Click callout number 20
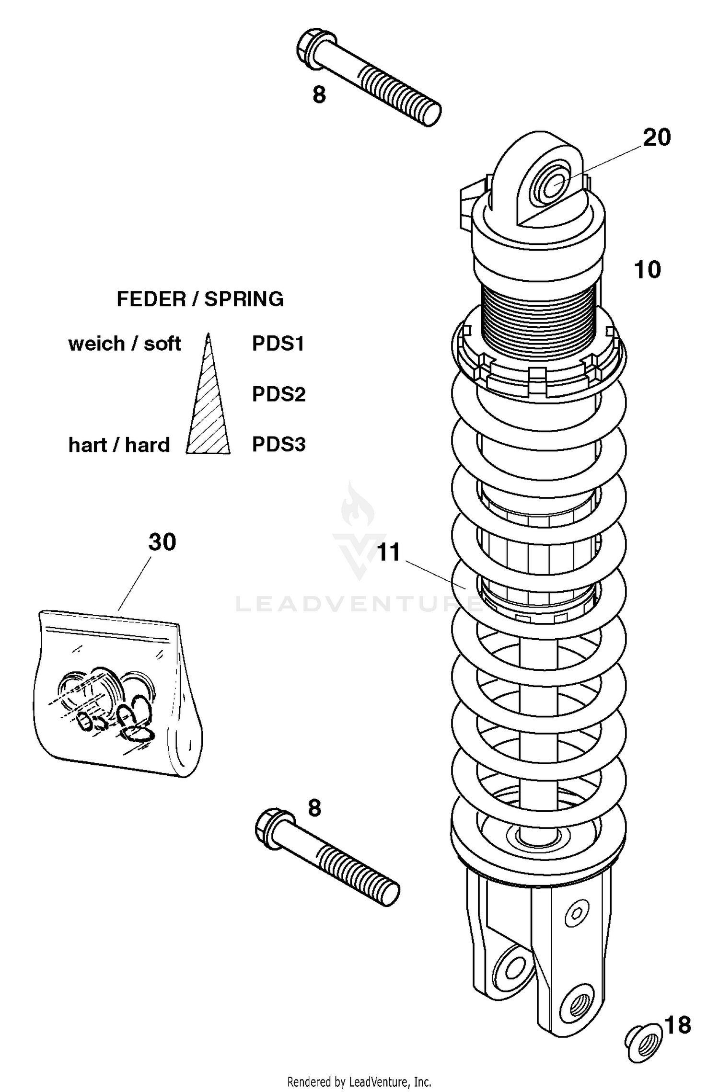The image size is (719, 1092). click(x=656, y=138)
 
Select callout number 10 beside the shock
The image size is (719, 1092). click(x=647, y=270)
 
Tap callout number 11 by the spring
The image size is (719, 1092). click(x=389, y=552)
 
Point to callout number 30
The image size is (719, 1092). click(x=162, y=542)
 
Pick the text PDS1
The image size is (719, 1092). click(x=278, y=344)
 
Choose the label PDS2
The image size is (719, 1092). click(x=279, y=394)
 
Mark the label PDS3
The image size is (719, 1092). click(x=279, y=445)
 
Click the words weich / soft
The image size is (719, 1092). click(x=125, y=344)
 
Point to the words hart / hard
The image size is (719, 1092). click(x=119, y=445)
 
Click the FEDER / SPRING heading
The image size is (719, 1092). click(x=200, y=299)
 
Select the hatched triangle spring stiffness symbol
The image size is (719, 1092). click(x=208, y=407)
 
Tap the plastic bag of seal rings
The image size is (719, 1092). click(x=117, y=692)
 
